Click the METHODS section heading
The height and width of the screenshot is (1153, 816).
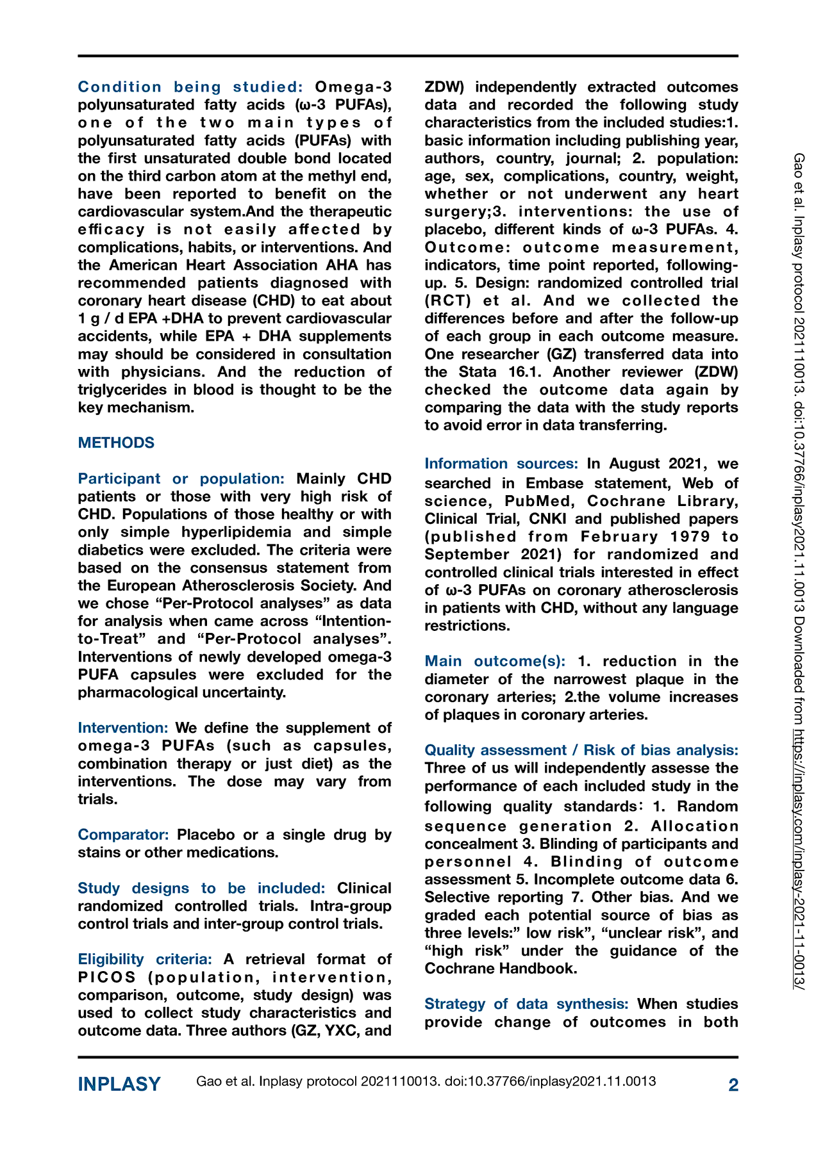coord(116,443)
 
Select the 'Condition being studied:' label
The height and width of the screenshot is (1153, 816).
coord(190,87)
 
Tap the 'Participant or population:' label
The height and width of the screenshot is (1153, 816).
coord(181,478)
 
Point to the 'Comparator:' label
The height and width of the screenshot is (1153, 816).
coord(123,835)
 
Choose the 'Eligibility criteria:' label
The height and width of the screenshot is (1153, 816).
coord(145,959)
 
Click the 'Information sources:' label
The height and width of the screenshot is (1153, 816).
coord(501,464)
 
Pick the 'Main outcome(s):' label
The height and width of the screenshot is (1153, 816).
coord(495,661)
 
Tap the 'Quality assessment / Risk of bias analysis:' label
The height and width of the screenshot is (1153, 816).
coord(581,750)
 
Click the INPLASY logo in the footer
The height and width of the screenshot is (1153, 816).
coord(119,1084)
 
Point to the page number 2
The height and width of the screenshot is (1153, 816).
coord(733,1084)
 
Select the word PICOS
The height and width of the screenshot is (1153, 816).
coord(107,977)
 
